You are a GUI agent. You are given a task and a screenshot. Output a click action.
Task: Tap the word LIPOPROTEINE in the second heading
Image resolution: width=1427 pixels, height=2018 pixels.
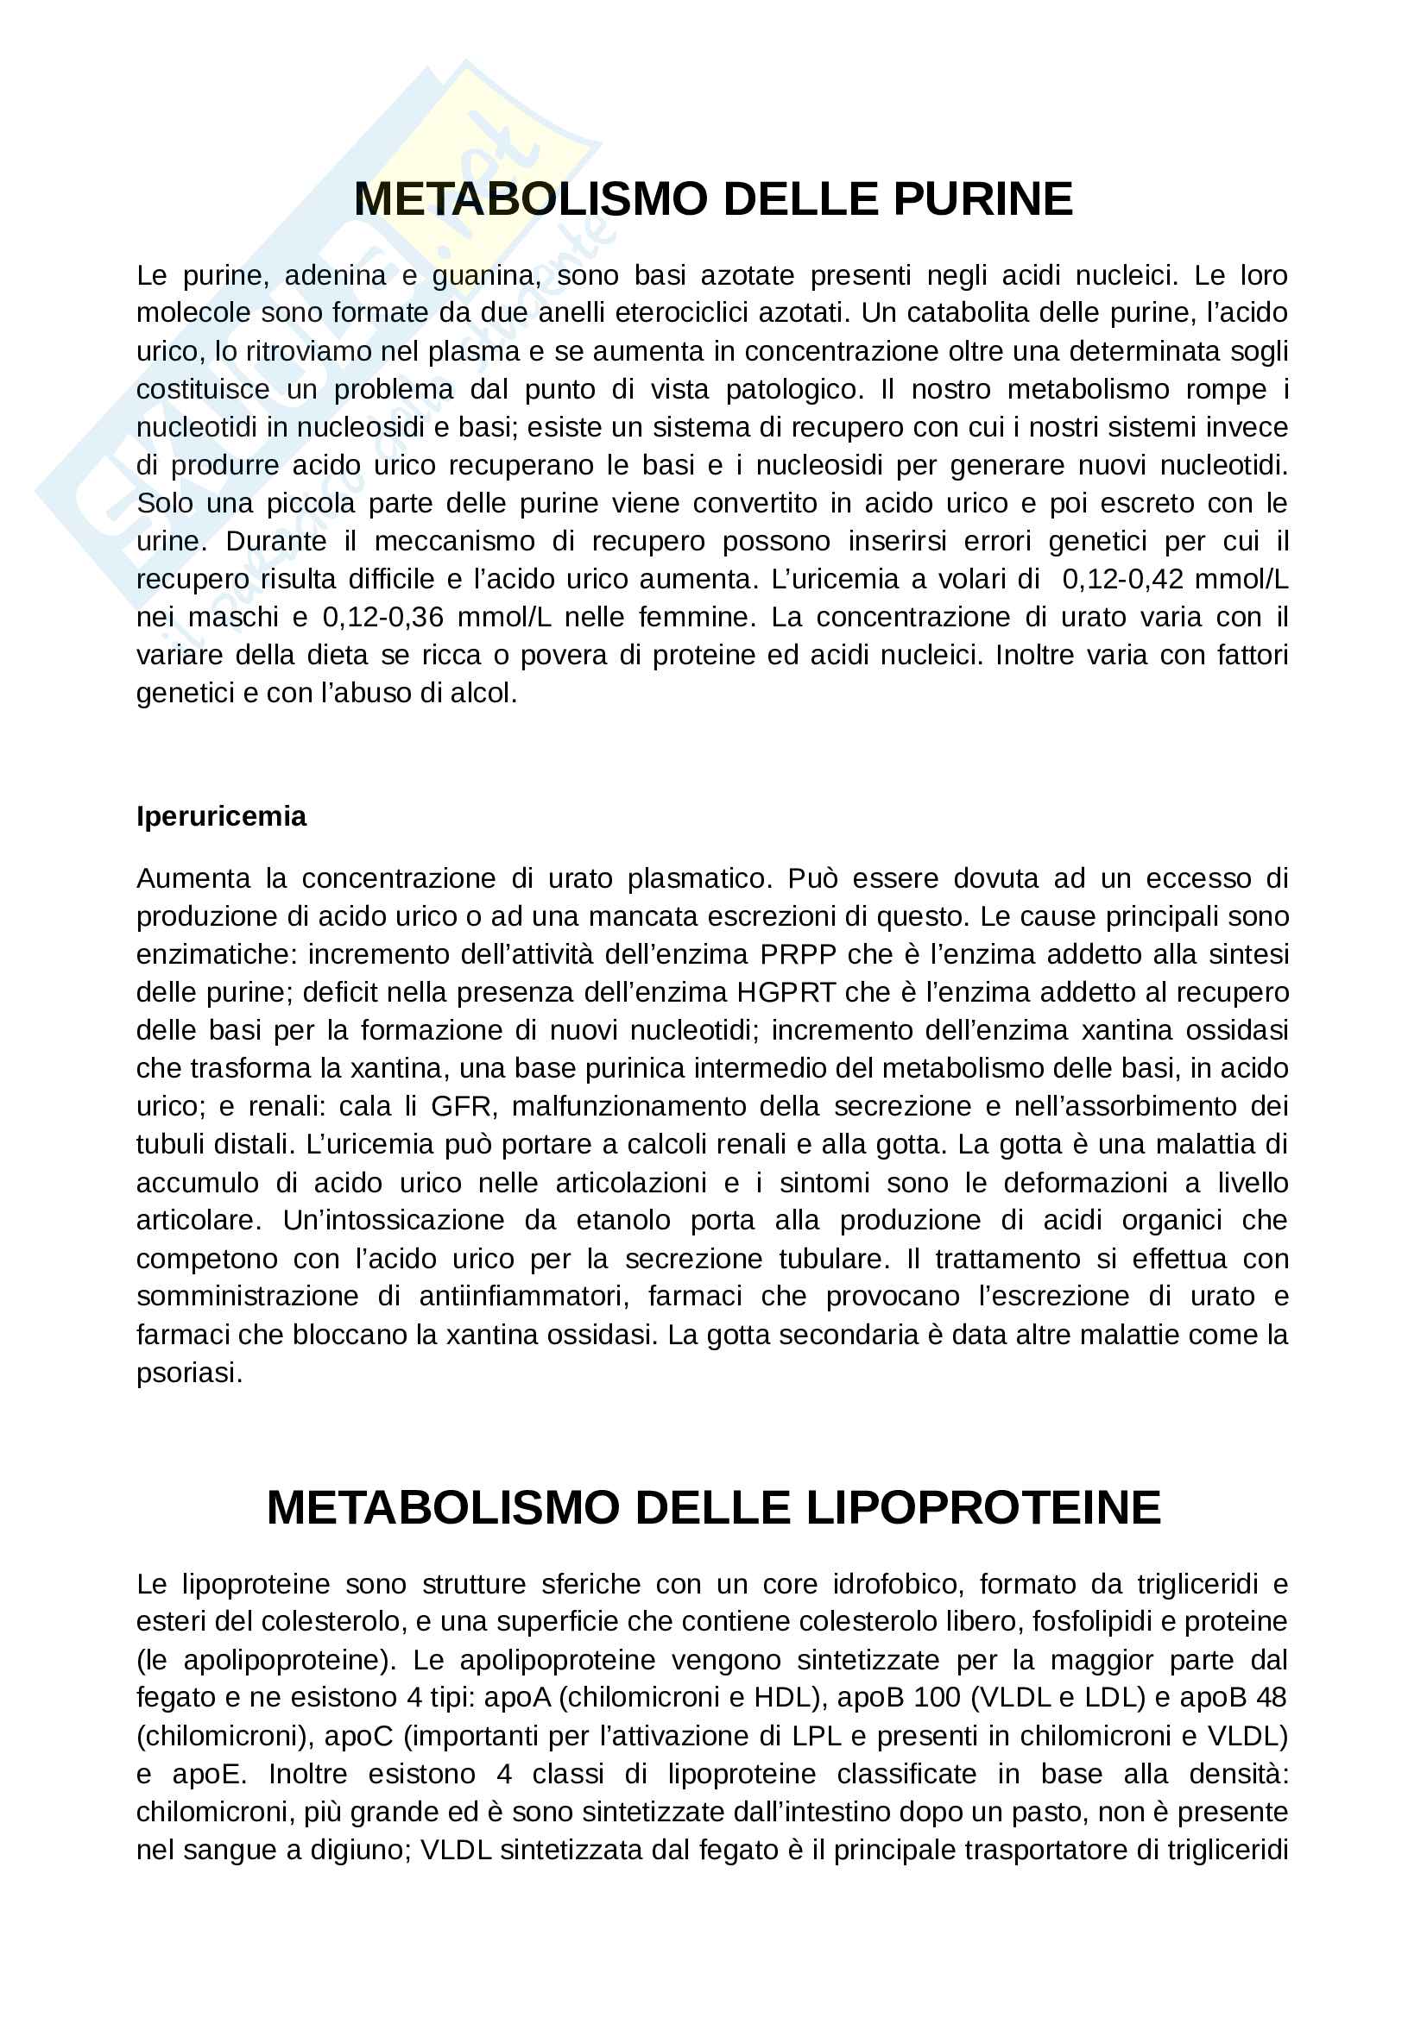click(983, 1507)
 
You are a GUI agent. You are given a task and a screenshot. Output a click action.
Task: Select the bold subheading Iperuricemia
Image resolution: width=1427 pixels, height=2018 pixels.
click(221, 816)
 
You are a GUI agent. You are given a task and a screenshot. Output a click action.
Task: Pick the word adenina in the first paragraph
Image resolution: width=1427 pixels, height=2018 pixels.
click(335, 276)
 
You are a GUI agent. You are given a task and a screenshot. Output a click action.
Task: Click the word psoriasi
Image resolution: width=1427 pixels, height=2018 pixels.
click(189, 1373)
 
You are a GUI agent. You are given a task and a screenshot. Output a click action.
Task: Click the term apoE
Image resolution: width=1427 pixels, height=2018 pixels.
click(207, 1774)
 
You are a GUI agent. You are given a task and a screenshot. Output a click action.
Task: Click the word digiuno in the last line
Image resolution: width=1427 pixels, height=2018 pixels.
click(358, 1850)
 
